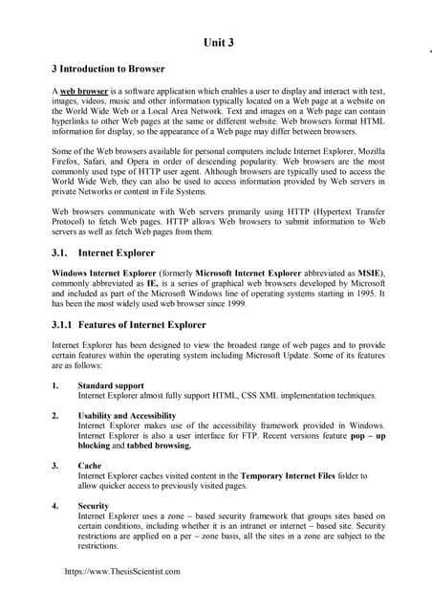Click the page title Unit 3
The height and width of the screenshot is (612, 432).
pos(219,43)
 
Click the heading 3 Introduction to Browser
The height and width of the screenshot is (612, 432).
pos(108,69)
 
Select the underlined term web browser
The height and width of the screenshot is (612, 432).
pos(83,89)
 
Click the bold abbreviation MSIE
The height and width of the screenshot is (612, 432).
pos(368,273)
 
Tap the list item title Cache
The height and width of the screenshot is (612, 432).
pos(90,466)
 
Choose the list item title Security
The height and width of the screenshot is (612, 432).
pos(94,505)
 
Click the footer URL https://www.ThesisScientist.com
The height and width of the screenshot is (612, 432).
pos(121,571)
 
